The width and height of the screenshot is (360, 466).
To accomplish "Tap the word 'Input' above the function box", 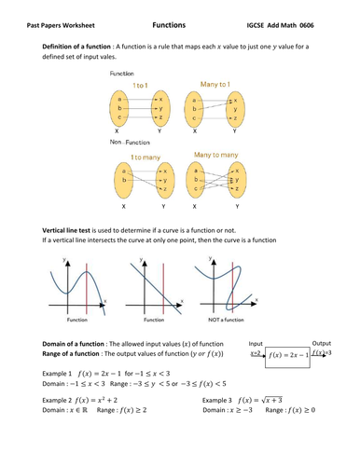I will [x=257, y=343].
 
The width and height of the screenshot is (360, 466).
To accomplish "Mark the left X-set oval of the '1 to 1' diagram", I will [x=120, y=107].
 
